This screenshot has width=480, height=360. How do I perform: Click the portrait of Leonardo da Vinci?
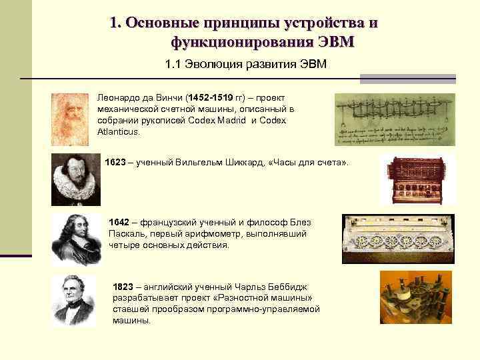[69, 119]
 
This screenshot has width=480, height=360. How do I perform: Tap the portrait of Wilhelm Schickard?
[76, 179]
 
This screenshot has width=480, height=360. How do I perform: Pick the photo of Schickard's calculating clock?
[408, 180]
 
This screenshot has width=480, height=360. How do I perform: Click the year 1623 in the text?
[115, 163]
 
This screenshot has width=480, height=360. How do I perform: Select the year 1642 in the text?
[119, 222]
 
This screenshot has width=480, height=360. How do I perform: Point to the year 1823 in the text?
[124, 286]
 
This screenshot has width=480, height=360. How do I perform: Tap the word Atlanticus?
[118, 131]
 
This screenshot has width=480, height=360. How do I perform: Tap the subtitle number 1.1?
[173, 65]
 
